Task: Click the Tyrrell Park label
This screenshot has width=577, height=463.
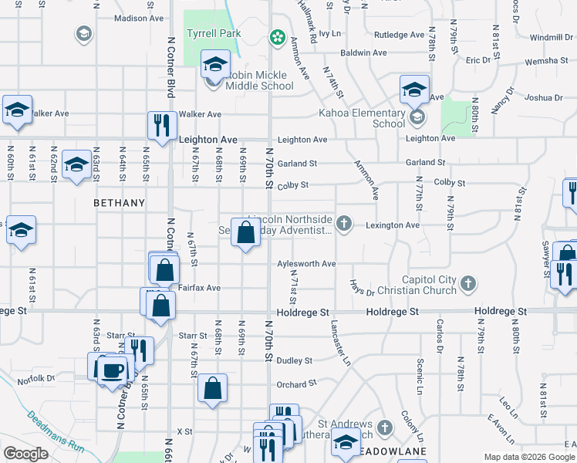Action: [214, 33]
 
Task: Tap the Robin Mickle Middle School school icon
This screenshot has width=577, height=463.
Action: [215, 63]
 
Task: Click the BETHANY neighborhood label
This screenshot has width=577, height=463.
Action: [119, 203]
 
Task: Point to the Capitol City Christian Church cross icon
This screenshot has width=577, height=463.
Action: [467, 285]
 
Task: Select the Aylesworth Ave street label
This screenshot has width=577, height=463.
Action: [306, 264]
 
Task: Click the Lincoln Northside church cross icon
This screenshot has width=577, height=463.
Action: [345, 225]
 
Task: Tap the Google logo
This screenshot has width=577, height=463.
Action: [25, 454]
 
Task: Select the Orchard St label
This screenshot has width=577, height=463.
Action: [296, 384]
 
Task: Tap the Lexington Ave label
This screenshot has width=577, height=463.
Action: [392, 225]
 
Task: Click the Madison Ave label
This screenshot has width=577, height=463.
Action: [139, 18]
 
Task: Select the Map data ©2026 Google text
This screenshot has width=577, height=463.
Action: [529, 457]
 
